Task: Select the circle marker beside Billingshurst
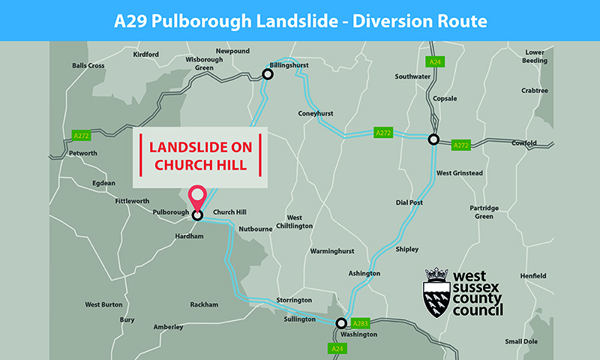tap(266, 74)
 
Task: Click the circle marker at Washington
tap(341, 323)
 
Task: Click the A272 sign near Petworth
tap(81, 135)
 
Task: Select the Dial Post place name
tap(409, 202)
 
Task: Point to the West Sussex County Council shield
tap(436, 293)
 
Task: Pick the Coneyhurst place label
tap(316, 114)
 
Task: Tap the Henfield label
tap(534, 276)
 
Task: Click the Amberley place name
tap(169, 327)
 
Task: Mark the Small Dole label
tap(522, 341)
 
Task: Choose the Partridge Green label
tap(484, 211)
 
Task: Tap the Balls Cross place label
tap(88, 66)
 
